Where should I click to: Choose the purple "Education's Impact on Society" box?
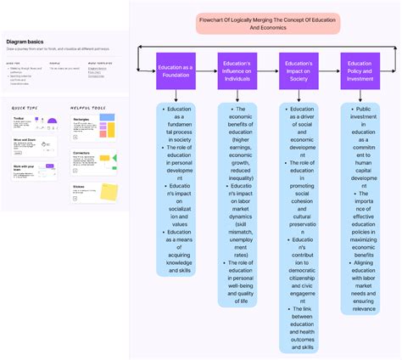(299, 70)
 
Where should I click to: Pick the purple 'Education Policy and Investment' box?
(360, 70)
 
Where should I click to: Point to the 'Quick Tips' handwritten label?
(25, 109)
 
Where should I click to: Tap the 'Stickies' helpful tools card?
(95, 192)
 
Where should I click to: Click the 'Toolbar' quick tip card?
(34, 128)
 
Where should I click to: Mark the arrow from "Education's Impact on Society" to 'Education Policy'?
(330, 70)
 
